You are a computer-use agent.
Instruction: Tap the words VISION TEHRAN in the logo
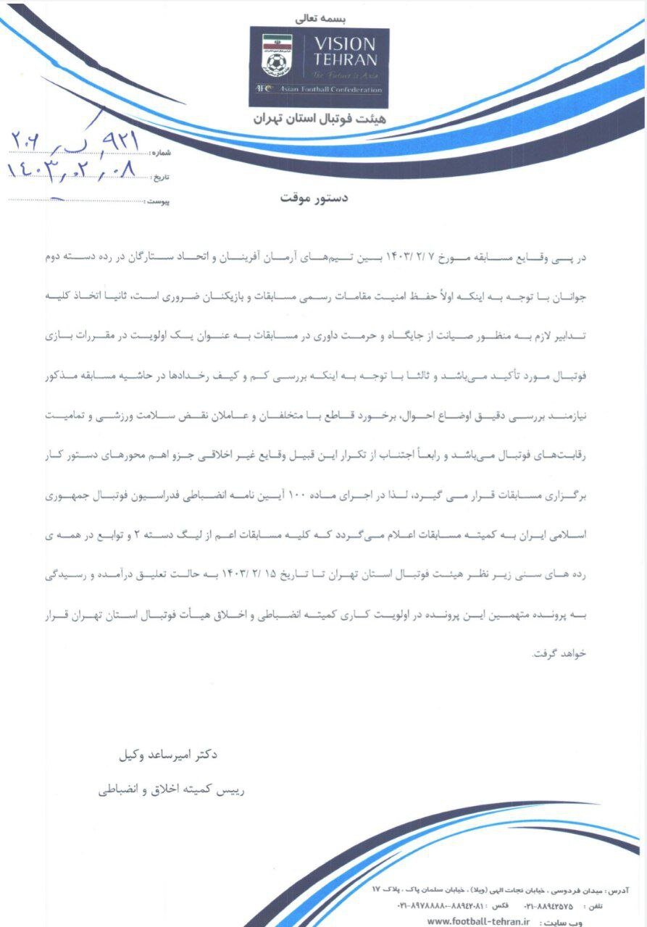coord(344,52)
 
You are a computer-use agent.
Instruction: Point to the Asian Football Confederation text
coord(329,89)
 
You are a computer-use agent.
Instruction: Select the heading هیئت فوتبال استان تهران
coord(320,119)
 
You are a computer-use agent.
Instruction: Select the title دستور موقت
coord(314,198)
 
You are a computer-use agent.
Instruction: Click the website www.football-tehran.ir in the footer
coord(479,920)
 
